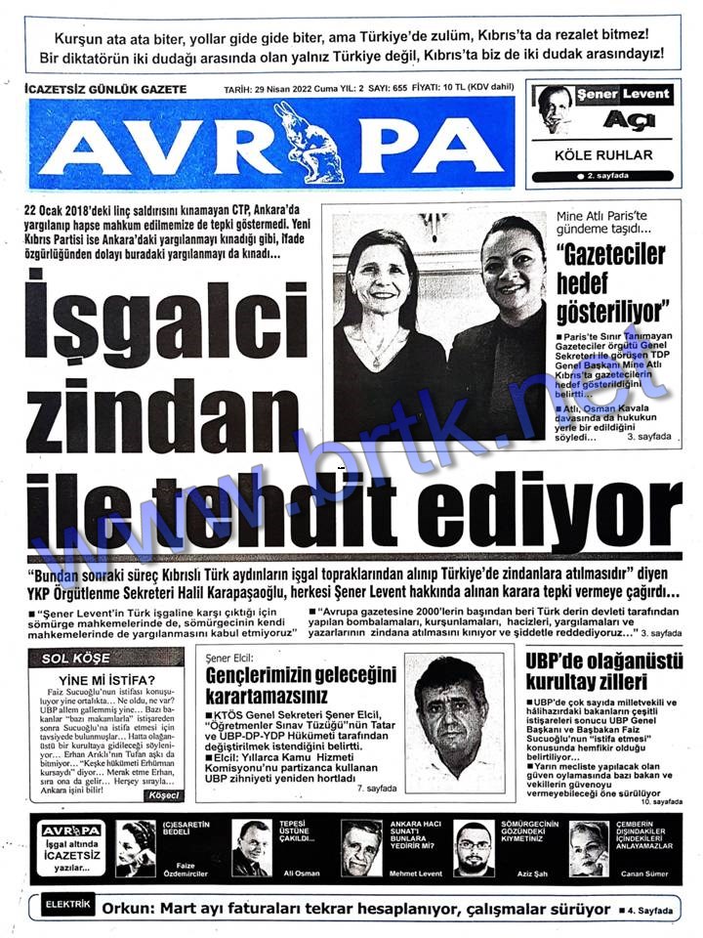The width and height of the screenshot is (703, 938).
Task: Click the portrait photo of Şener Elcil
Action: pos(454,718)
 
